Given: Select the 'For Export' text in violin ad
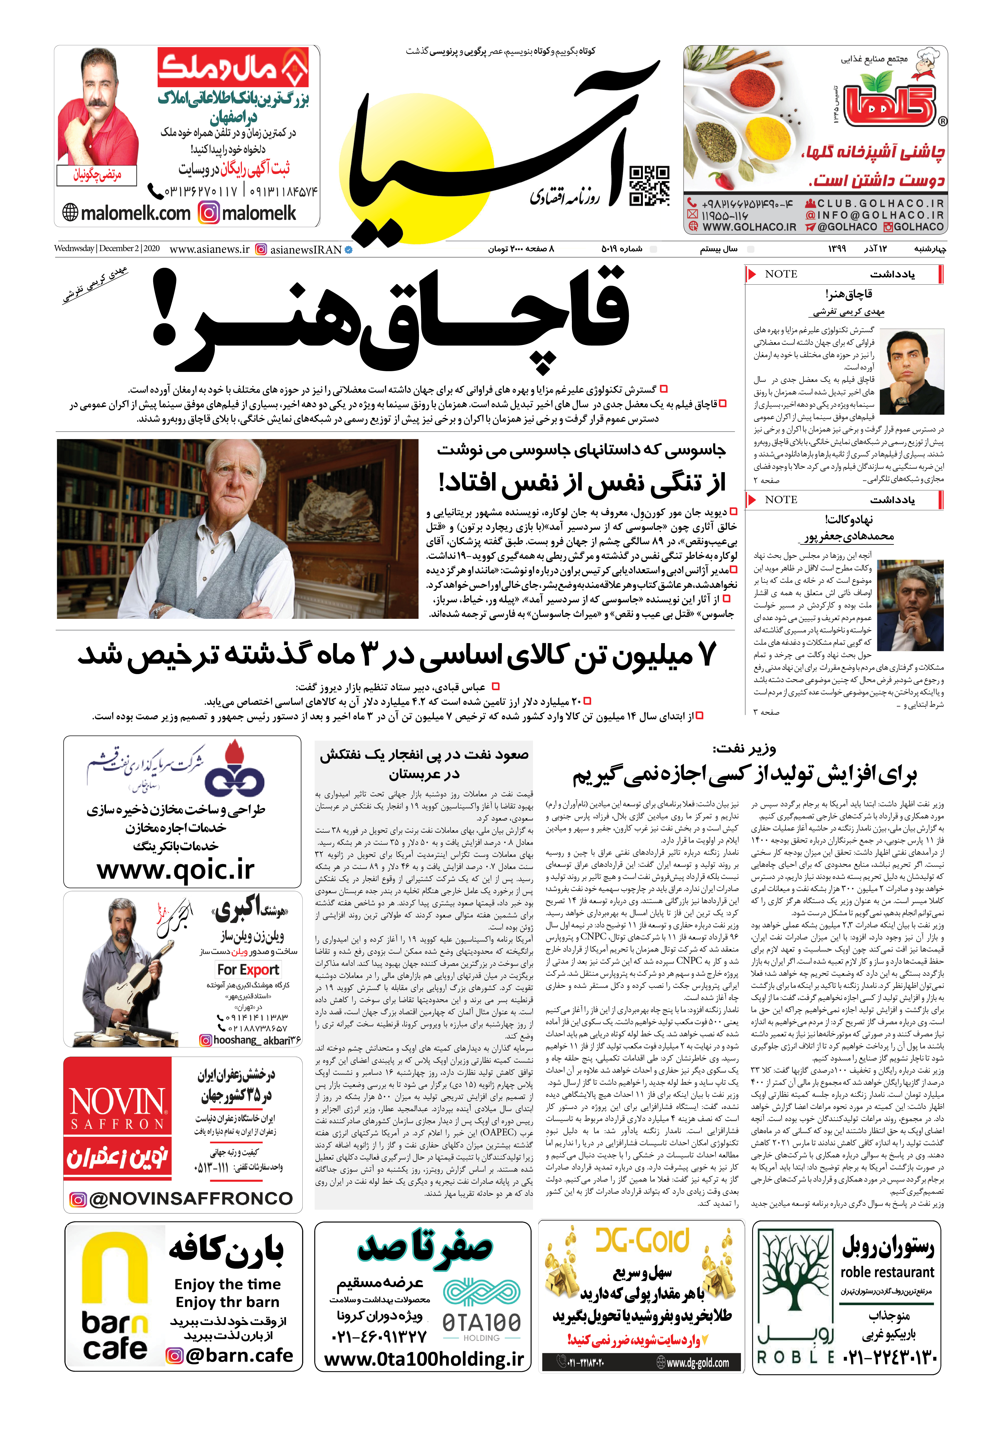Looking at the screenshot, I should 248,970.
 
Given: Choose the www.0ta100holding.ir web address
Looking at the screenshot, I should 423,1358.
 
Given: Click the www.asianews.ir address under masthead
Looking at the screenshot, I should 209,249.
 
